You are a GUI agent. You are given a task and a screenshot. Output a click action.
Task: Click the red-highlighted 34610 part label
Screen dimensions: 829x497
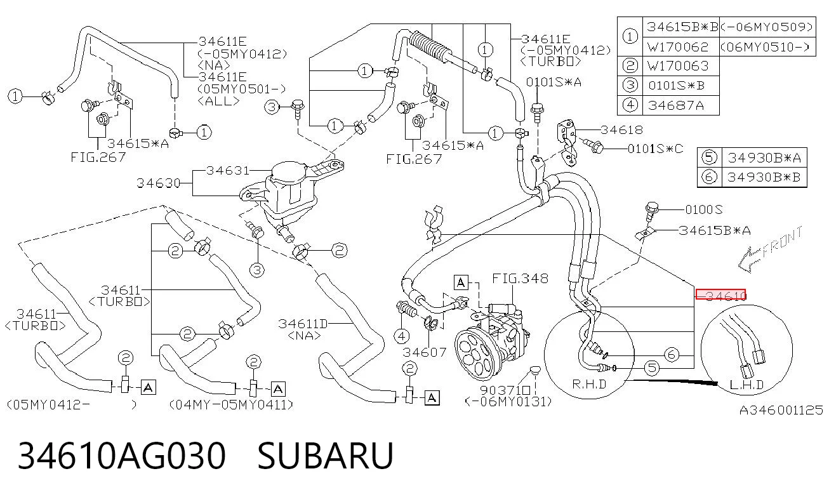[x=720, y=295]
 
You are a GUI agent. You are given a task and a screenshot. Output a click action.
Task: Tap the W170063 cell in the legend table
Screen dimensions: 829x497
[x=678, y=66]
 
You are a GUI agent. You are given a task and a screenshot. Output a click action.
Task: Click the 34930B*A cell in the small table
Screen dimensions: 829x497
[x=764, y=158]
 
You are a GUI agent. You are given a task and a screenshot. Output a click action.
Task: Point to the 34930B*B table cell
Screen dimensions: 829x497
[x=764, y=177]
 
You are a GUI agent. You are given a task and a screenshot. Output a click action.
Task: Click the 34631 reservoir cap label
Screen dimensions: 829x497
[x=228, y=171]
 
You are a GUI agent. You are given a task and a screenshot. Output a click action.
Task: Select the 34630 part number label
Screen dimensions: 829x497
[x=158, y=183]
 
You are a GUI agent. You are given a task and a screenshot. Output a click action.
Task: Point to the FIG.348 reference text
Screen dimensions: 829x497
[x=520, y=278]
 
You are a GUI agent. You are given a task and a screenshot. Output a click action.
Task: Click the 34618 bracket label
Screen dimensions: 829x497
[x=622, y=130]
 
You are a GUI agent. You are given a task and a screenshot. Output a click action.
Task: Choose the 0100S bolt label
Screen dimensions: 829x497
[x=703, y=210]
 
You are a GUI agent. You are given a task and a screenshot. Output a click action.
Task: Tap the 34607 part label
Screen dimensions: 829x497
[x=425, y=352]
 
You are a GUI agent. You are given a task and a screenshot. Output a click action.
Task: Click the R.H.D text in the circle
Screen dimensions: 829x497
[x=589, y=385]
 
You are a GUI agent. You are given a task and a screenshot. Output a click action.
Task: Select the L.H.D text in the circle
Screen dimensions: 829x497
[x=746, y=385]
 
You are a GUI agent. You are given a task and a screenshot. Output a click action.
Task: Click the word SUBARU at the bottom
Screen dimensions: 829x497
[x=325, y=456]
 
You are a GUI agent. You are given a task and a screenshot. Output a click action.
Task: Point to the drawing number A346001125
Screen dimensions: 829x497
[x=781, y=411]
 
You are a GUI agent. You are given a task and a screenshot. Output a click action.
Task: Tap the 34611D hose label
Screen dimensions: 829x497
[x=303, y=324]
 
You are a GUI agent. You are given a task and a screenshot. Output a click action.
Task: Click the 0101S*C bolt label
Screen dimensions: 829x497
[x=656, y=149]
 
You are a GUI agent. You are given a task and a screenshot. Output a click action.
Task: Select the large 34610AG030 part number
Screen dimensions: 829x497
[x=122, y=456]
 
